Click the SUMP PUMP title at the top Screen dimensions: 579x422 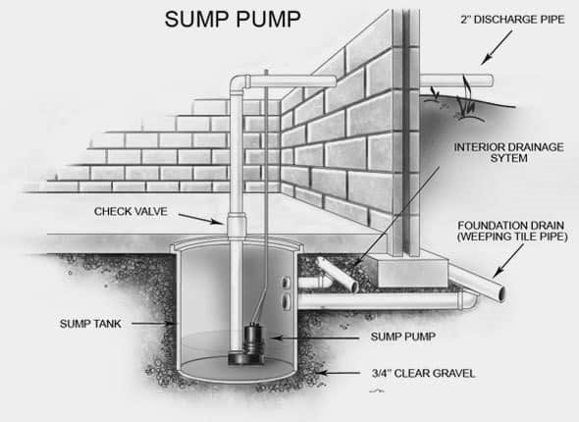[x=233, y=20]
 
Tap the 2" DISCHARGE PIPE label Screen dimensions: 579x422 [x=512, y=20]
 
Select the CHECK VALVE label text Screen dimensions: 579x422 [x=131, y=212]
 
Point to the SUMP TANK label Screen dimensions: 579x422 [x=90, y=324]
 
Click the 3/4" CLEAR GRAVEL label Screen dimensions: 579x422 [x=424, y=373]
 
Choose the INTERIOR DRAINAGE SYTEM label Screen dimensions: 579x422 [x=508, y=153]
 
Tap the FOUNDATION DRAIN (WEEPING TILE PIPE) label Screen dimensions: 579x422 [x=512, y=232]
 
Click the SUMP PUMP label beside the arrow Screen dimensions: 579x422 [x=403, y=337]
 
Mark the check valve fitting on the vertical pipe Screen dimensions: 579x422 [x=237, y=226]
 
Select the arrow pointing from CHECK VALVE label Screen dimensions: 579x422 [x=201, y=219]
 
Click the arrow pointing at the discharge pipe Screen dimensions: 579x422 [x=497, y=47]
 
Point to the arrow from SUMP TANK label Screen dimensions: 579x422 [x=153, y=324]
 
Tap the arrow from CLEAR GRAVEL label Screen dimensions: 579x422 [x=339, y=373]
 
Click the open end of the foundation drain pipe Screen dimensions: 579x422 [x=501, y=293]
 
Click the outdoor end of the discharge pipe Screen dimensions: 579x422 [x=491, y=80]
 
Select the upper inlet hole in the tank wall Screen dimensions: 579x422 [x=286, y=283]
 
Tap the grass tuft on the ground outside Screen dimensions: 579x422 [x=465, y=100]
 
